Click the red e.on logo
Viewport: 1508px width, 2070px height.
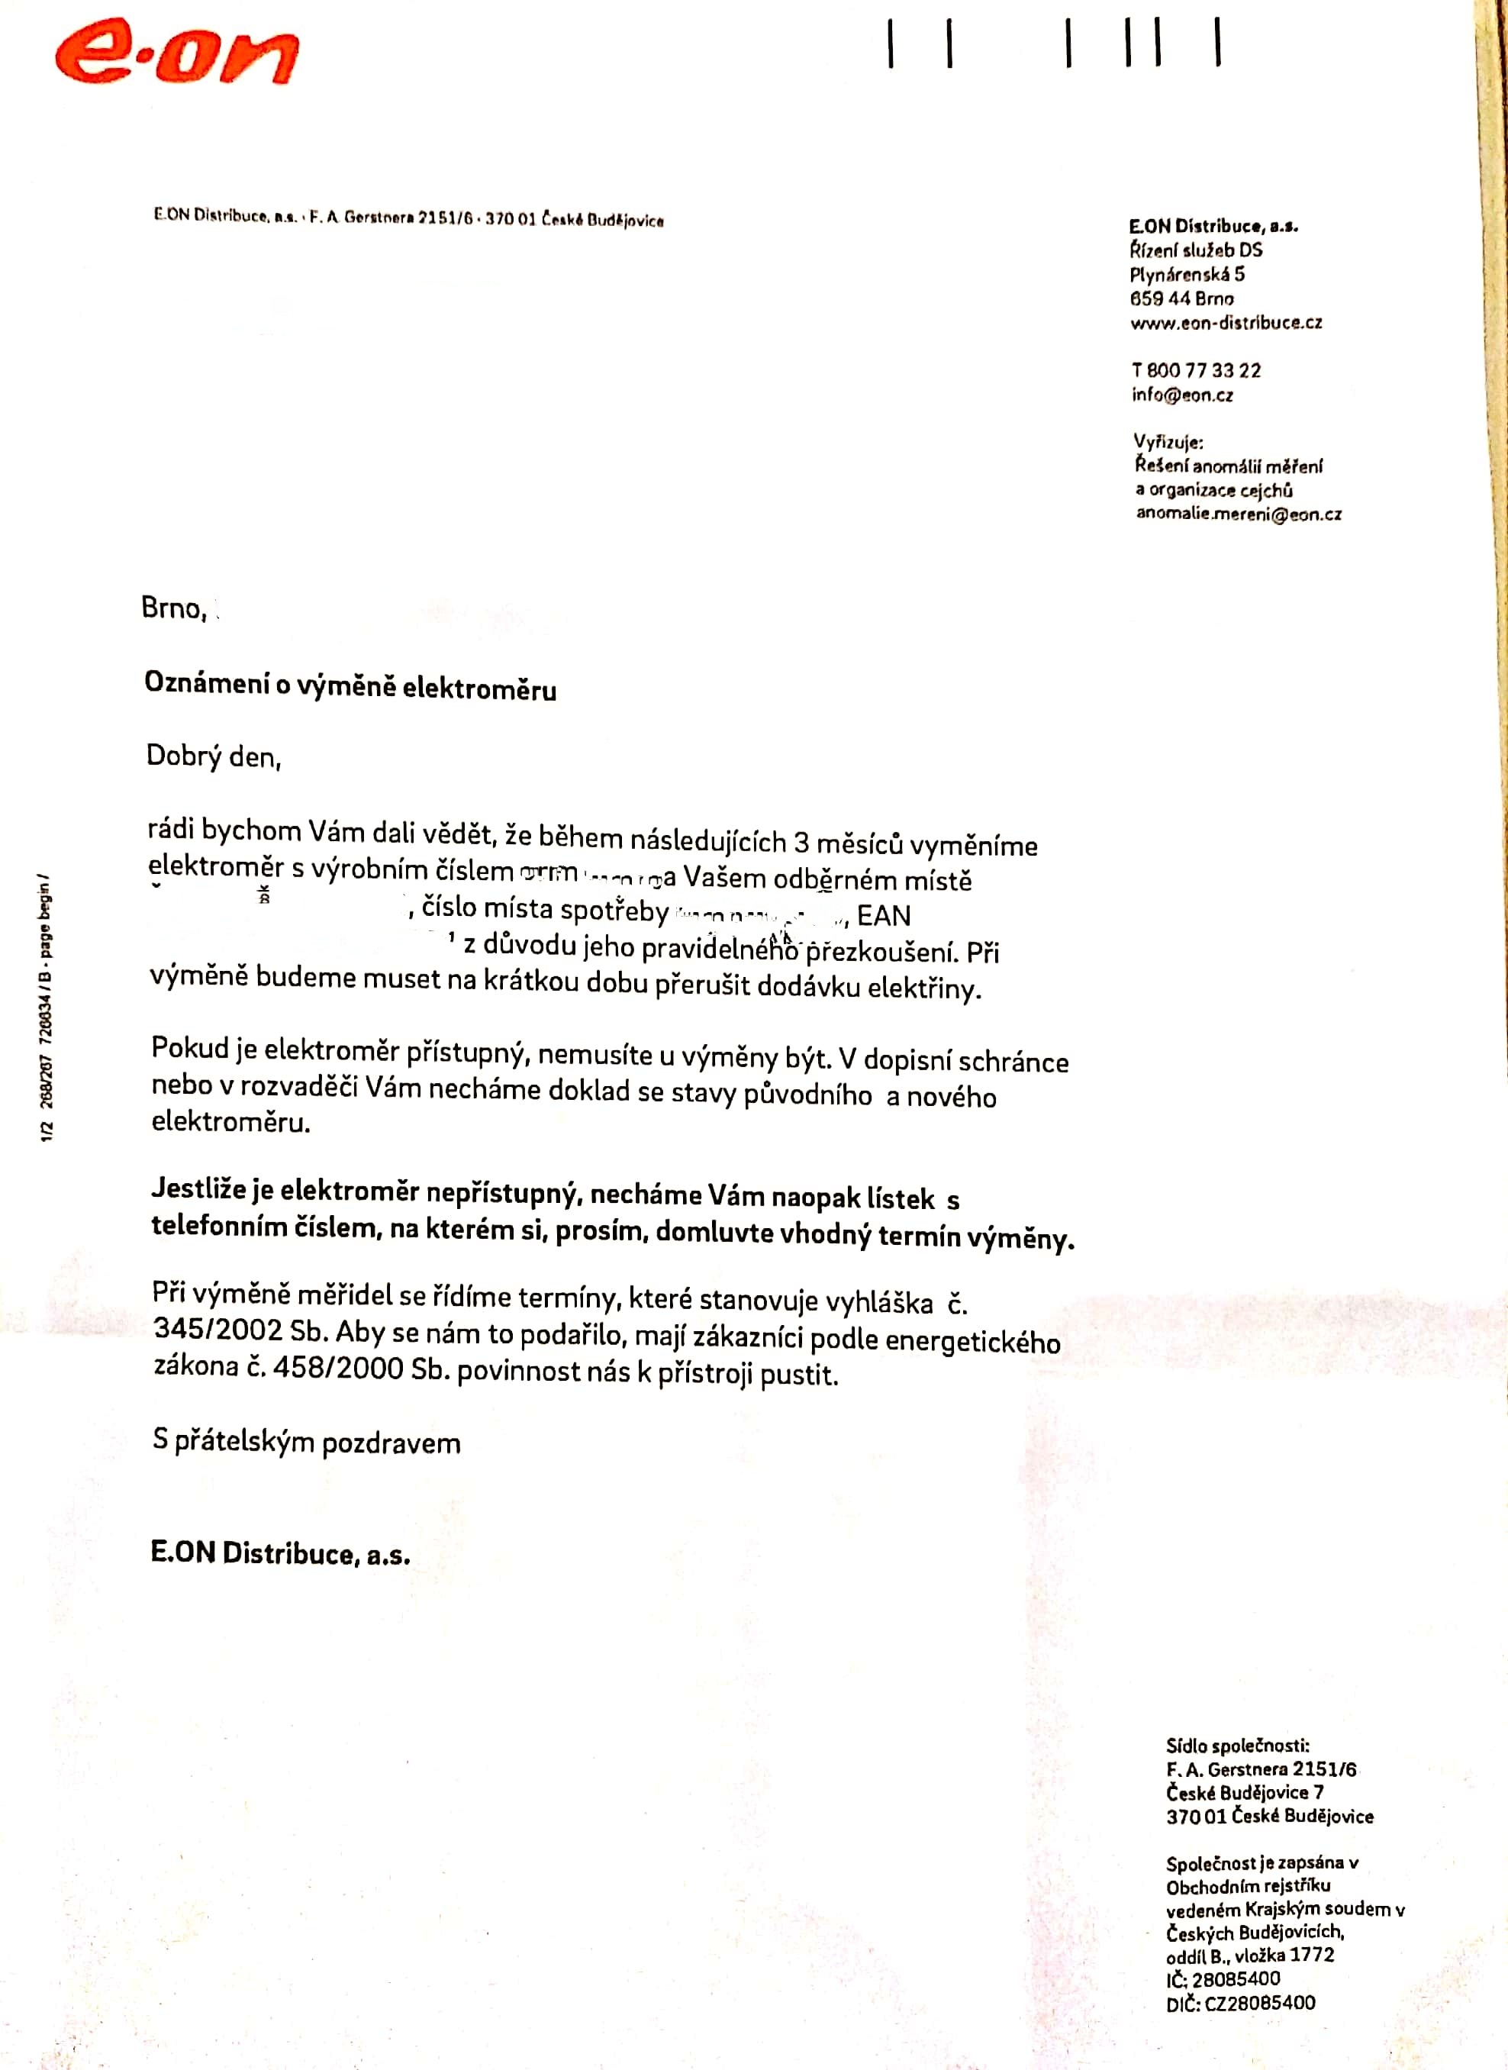point(176,55)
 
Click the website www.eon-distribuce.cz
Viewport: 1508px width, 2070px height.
point(1225,322)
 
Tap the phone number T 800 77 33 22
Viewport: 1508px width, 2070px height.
point(1196,370)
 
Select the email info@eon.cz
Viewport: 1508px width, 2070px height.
point(1182,395)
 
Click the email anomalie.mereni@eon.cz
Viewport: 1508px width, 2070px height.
point(1239,514)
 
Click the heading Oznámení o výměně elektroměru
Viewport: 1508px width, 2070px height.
point(350,685)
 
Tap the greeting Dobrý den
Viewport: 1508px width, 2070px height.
point(214,756)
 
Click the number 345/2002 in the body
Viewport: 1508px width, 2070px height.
point(219,1329)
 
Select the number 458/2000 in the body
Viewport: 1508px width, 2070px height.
point(339,1367)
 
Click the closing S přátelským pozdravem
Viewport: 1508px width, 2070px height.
point(307,1442)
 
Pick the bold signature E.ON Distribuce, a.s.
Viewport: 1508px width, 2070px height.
point(280,1553)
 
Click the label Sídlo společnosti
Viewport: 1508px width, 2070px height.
point(1237,1746)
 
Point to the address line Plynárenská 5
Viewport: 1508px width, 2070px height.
point(1187,274)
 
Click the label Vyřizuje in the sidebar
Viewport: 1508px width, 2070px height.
point(1168,443)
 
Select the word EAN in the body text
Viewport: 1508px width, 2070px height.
point(884,915)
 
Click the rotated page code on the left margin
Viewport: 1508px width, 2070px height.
point(47,1008)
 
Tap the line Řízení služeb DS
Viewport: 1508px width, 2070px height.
point(1196,249)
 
